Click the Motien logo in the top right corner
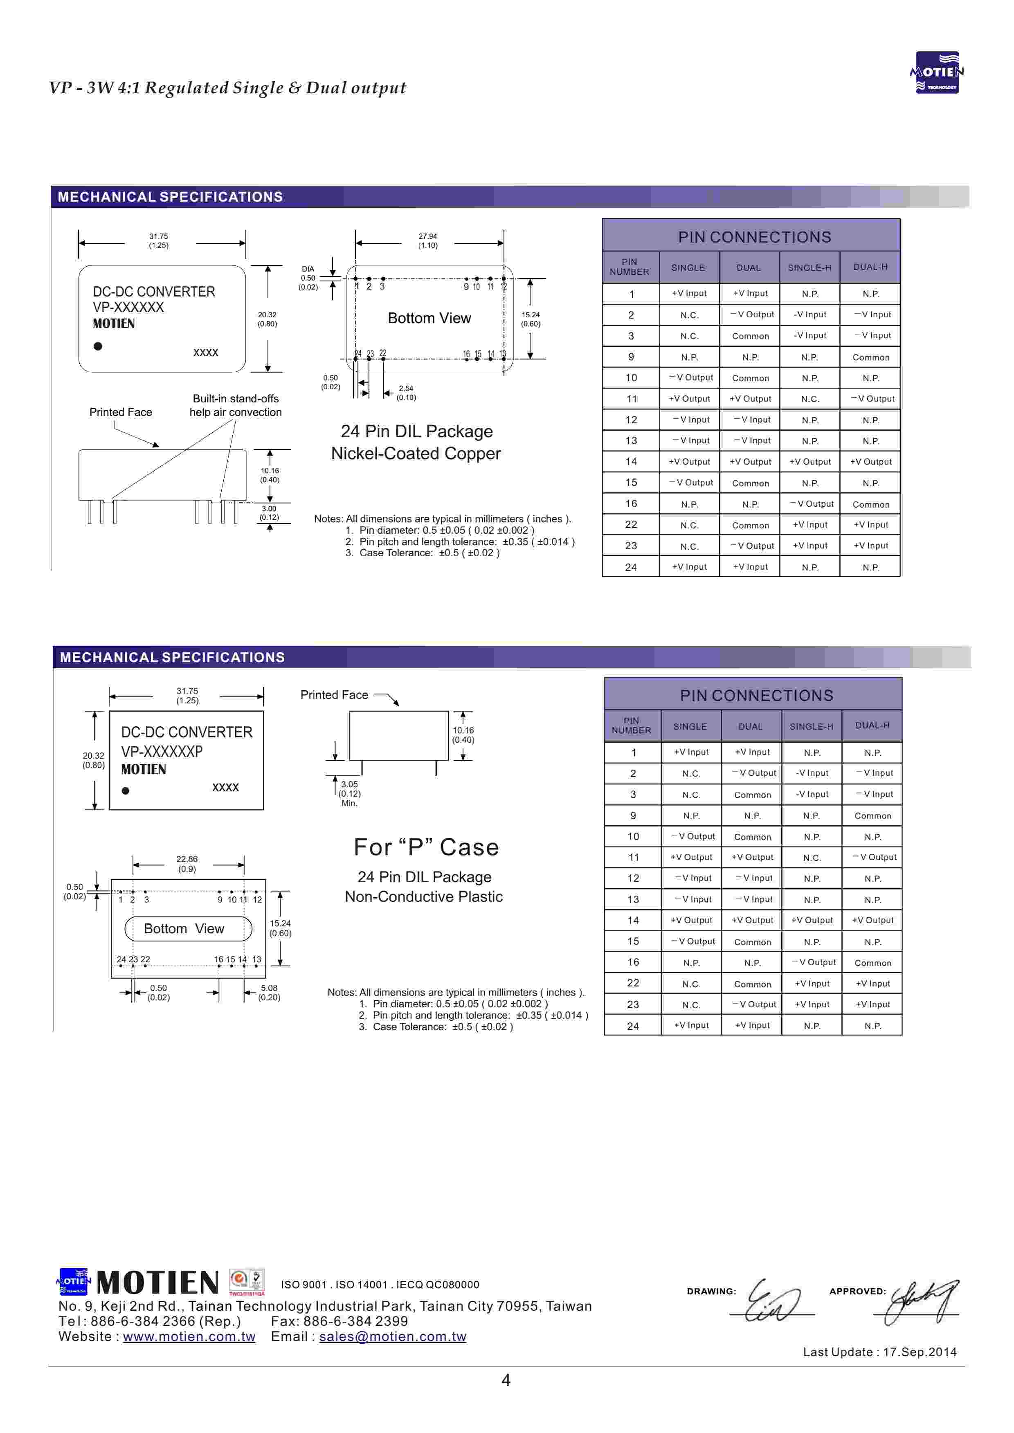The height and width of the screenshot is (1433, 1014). click(937, 72)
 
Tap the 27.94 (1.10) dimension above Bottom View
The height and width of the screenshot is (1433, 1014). click(428, 241)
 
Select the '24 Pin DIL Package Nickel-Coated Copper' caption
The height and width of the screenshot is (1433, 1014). click(416, 442)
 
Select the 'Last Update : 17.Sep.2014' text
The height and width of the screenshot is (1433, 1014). click(879, 1352)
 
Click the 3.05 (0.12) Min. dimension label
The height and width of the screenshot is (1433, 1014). click(350, 793)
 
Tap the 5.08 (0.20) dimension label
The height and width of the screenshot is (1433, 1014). click(269, 993)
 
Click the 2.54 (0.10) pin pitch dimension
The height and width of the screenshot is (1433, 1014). click(406, 393)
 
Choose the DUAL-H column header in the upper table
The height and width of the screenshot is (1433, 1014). click(870, 267)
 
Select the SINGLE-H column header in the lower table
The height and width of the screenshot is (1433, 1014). click(811, 726)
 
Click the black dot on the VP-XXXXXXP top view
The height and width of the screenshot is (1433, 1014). click(126, 791)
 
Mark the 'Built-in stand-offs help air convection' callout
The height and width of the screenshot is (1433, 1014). click(235, 405)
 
